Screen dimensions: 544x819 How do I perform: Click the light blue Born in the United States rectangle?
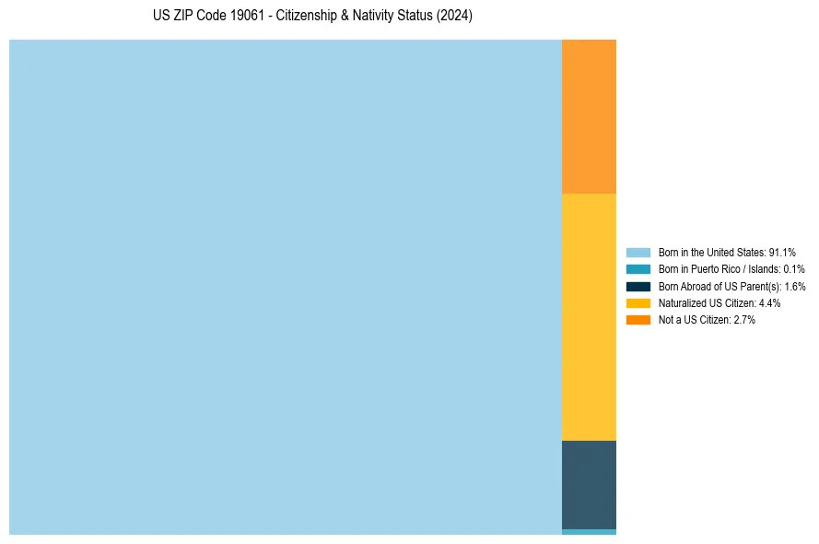286,287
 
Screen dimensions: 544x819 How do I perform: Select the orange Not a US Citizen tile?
589,116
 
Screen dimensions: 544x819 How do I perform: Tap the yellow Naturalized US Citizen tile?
589,316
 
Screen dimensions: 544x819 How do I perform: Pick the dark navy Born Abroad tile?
589,484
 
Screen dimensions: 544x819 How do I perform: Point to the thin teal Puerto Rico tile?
589,532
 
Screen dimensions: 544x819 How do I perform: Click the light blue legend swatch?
638,253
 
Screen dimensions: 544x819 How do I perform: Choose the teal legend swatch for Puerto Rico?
638,269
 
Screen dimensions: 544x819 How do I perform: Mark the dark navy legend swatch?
638,287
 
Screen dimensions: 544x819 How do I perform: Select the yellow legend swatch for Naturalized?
638,303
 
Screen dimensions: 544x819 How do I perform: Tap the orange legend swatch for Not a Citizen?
638,320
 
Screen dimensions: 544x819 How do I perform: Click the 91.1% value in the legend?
782,253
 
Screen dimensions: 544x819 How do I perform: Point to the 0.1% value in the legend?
794,269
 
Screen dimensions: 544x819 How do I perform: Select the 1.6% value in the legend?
795,287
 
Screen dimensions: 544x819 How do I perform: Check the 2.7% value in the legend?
744,320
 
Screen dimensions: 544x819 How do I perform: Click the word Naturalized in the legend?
681,303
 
